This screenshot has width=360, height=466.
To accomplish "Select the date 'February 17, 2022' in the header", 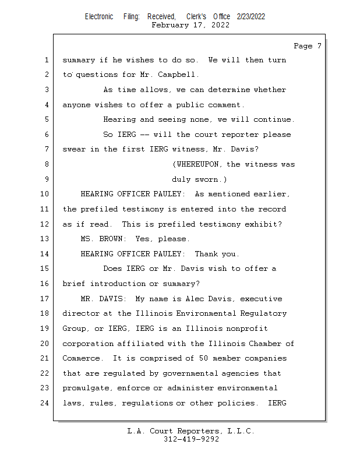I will [190, 25].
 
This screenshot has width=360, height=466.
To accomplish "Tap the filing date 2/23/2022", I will [251, 16].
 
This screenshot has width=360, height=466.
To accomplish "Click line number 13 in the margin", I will [45, 239].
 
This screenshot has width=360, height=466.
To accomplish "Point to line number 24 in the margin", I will [45, 403].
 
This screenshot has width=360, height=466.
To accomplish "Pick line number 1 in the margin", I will [45, 60].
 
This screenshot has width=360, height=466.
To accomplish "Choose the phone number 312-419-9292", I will [191, 439].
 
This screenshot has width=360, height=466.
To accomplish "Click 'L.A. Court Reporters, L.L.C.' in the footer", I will [190, 431].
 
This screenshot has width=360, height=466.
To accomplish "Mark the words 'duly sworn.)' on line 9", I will [199, 179].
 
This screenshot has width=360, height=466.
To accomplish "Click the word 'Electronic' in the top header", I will [99, 16].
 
